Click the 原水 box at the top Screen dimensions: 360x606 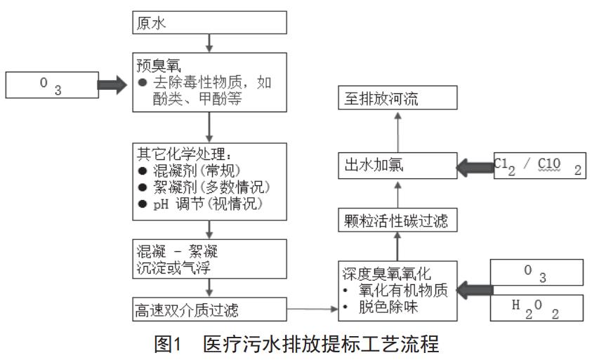[209, 22]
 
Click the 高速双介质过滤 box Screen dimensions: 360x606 [209, 307]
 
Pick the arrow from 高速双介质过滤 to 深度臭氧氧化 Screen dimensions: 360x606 [313, 307]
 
